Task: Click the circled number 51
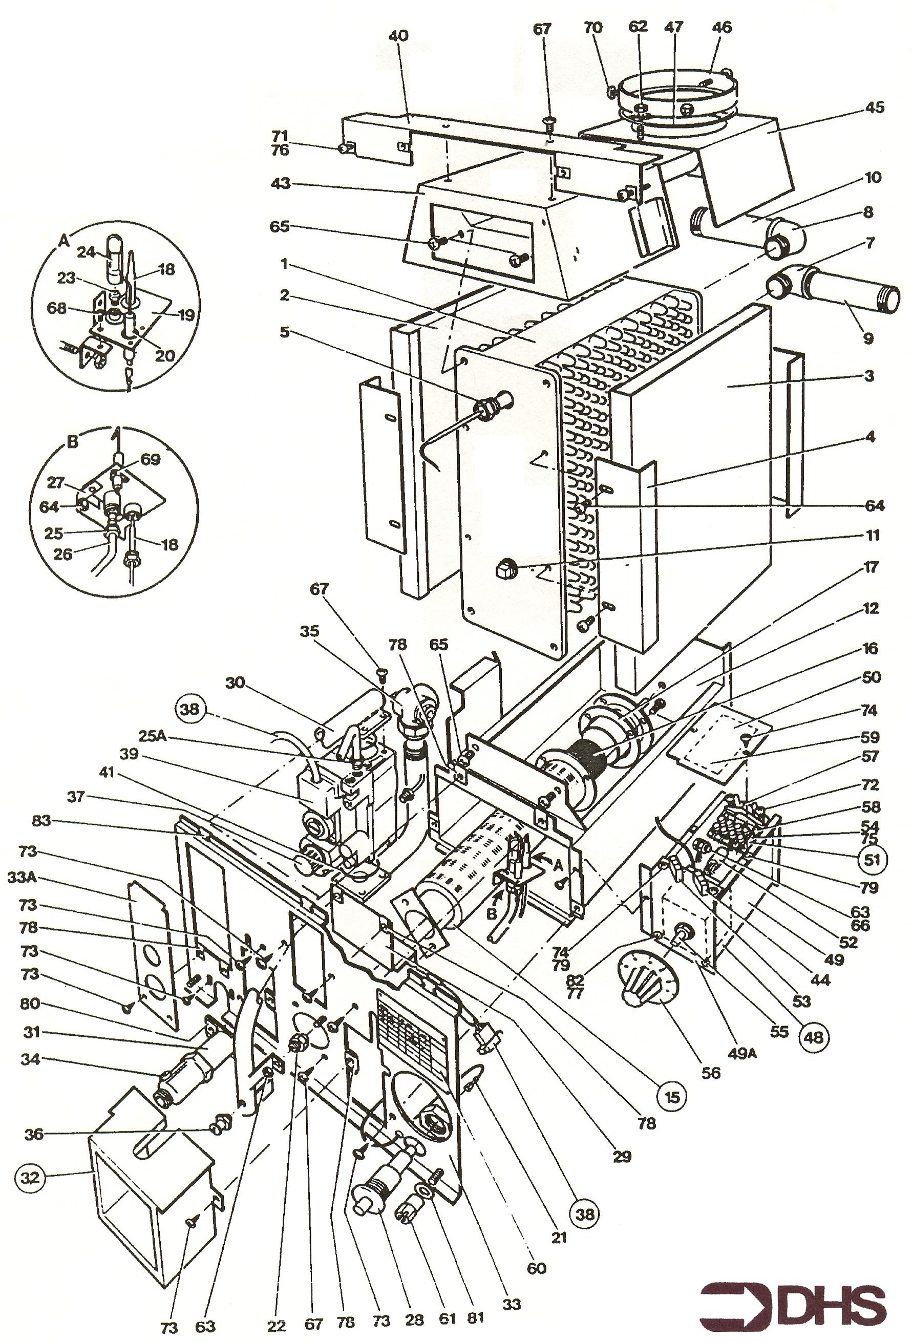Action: coord(872,859)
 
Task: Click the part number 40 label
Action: coord(398,36)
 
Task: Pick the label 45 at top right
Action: coord(875,108)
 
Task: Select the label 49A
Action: coord(742,1052)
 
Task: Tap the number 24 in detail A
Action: coord(87,252)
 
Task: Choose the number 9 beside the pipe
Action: coord(868,338)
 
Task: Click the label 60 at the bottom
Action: coord(536,1268)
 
